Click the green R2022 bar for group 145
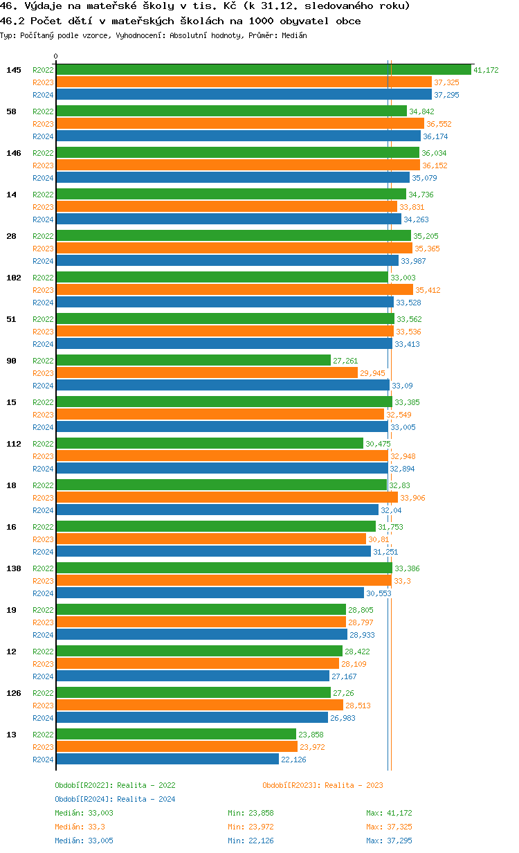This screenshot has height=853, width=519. point(263,70)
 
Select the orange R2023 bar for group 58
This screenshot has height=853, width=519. point(239,124)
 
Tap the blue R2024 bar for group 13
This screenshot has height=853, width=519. point(167,760)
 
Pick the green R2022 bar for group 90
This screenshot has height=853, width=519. point(193,361)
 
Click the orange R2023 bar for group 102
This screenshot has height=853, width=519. point(234,290)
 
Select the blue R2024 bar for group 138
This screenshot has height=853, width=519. point(210,593)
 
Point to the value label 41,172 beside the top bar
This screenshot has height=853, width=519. point(486,70)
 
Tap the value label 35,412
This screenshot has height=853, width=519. point(428,290)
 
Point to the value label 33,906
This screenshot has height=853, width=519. point(412,498)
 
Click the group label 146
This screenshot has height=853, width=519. point(14,153)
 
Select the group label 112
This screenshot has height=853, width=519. point(14,444)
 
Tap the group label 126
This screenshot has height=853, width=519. point(14,693)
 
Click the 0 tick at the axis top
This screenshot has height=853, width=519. point(56,57)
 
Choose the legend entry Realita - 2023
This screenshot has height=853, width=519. point(322,785)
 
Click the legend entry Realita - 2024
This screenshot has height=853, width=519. point(115,799)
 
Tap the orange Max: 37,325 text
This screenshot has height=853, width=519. point(389,827)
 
